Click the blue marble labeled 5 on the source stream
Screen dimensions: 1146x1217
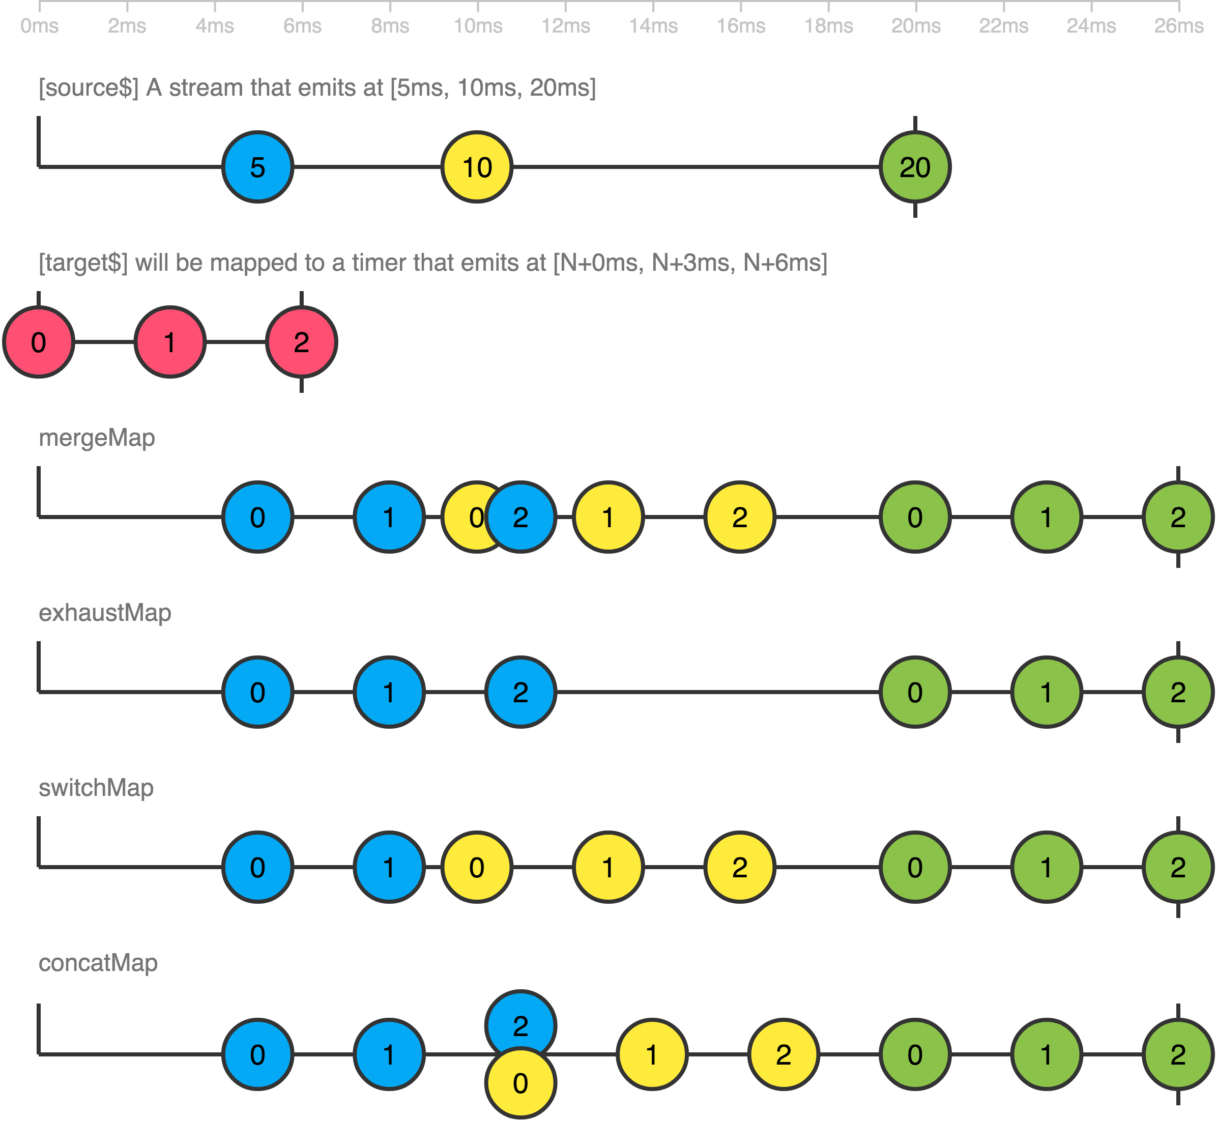pyautogui.click(x=258, y=167)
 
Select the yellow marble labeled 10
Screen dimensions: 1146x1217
pyautogui.click(x=477, y=167)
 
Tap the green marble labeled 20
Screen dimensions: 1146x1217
pyautogui.click(x=915, y=167)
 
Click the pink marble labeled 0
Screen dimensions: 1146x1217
pyautogui.click(x=39, y=342)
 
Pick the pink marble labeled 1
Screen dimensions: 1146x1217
pyautogui.click(x=170, y=342)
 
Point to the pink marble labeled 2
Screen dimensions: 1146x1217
pyautogui.click(x=301, y=342)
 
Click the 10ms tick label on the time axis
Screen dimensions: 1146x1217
pyautogui.click(x=478, y=26)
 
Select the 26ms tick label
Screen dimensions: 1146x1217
pyautogui.click(x=1178, y=26)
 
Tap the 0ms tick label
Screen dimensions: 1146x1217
pyautogui.click(x=39, y=26)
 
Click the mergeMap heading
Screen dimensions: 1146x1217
pyautogui.click(x=97, y=438)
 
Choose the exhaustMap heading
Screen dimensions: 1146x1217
pyautogui.click(x=105, y=613)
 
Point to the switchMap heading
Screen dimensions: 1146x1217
pyautogui.click(x=96, y=788)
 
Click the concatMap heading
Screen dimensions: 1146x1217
pyautogui.click(x=98, y=963)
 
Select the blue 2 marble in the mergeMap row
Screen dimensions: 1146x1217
pyautogui.click(x=521, y=518)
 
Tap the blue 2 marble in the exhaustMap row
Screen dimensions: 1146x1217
pyautogui.click(x=521, y=693)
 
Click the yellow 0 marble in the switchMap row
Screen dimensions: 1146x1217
pyautogui.click(x=477, y=868)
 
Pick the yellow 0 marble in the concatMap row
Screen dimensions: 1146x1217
pyautogui.click(x=521, y=1083)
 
